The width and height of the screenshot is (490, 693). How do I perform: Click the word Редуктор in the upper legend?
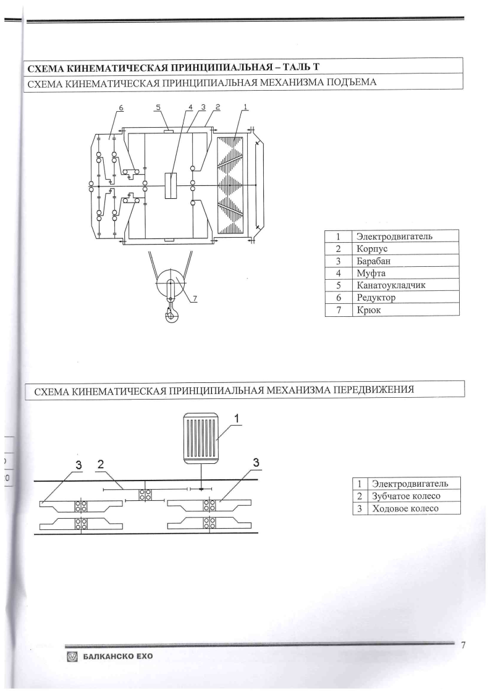coord(376,298)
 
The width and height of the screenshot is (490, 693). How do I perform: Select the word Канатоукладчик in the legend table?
coord(391,285)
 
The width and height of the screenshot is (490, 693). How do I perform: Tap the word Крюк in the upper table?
coord(368,310)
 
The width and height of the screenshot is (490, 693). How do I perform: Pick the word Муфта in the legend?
coord(371,273)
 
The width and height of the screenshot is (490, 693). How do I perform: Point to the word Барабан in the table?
coord(374,261)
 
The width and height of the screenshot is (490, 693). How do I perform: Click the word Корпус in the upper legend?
coord(372,248)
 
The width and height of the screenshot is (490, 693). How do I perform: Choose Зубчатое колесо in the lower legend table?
coord(406,496)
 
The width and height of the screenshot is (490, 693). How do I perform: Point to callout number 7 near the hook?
coord(195,299)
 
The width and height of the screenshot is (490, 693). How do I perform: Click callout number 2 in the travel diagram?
coord(101,464)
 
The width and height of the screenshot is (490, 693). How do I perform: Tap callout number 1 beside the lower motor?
coord(237,418)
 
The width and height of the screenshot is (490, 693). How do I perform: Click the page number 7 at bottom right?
coord(463,645)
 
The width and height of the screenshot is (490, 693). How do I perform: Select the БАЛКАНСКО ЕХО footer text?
coord(117,657)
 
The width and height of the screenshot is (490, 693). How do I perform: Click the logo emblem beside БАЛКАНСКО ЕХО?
coord(72,657)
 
